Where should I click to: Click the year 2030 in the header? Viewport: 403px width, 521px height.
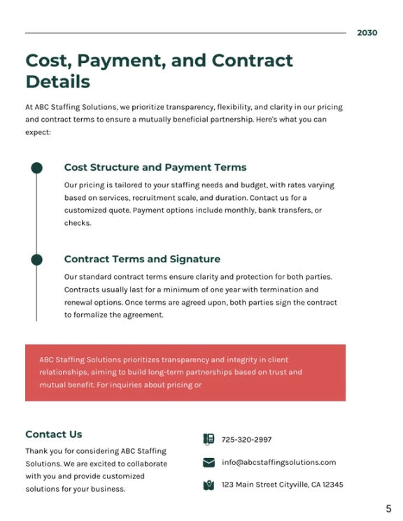[x=367, y=33]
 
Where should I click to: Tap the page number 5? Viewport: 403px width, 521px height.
[x=388, y=508]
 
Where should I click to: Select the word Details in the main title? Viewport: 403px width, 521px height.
[x=58, y=82]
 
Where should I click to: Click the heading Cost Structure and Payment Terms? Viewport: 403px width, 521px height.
[x=155, y=167]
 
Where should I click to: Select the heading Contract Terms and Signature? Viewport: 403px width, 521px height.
[x=142, y=259]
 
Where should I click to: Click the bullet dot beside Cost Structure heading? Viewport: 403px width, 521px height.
[x=36, y=168]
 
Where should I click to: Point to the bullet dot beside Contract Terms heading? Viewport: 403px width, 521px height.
[x=36, y=259]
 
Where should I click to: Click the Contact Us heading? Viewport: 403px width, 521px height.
[x=54, y=434]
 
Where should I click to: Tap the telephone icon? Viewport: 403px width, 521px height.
[x=208, y=439]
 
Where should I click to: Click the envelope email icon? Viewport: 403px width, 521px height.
[x=208, y=462]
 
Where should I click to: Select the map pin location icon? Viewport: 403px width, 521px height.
[x=208, y=485]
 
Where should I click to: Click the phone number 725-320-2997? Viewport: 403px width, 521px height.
[x=246, y=440]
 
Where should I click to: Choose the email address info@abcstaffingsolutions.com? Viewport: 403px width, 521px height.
[x=278, y=462]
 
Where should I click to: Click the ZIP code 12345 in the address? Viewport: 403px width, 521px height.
[x=333, y=485]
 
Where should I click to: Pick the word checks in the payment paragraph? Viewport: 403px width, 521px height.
[x=78, y=223]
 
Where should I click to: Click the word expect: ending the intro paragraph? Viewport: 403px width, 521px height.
[x=38, y=132]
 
